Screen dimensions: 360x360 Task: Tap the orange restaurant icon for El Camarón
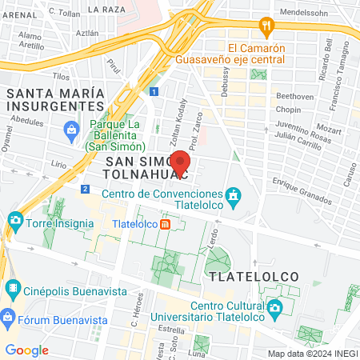coord(266,26)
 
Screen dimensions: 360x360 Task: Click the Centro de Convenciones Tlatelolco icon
coord(233,195)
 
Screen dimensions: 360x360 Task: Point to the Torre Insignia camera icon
coord(14,219)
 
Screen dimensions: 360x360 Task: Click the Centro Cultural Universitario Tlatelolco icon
coord(274,307)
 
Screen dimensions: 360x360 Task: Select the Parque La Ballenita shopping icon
coord(71,129)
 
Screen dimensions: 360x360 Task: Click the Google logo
coord(26,350)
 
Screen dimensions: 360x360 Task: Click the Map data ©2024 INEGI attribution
coord(312,354)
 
